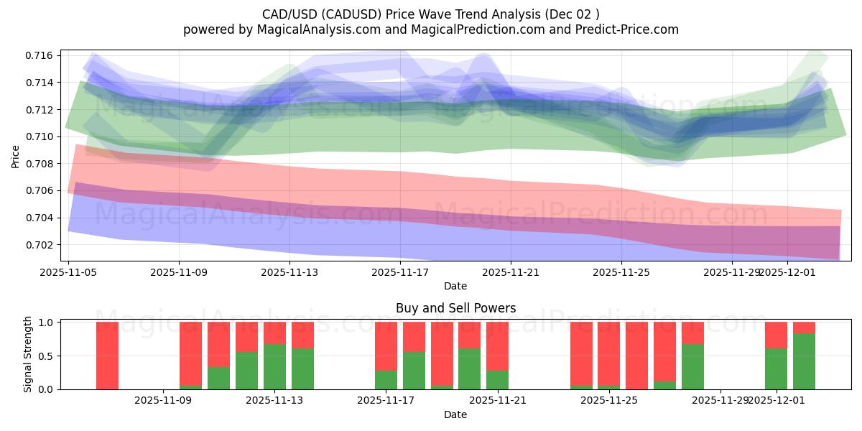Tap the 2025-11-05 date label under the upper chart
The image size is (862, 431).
pos(68,272)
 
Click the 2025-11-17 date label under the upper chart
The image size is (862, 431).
pos(400,272)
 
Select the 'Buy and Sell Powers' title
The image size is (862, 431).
pos(455,308)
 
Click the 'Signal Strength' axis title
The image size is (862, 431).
pos(27,354)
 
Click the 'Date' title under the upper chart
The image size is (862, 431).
pos(455,286)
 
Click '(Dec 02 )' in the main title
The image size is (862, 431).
pos(573,14)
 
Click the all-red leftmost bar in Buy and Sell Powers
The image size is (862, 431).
pos(107,356)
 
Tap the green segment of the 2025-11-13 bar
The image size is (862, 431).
pos(274,366)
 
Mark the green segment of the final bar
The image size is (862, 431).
pos(804,361)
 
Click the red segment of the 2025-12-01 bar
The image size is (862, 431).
pos(776,335)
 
